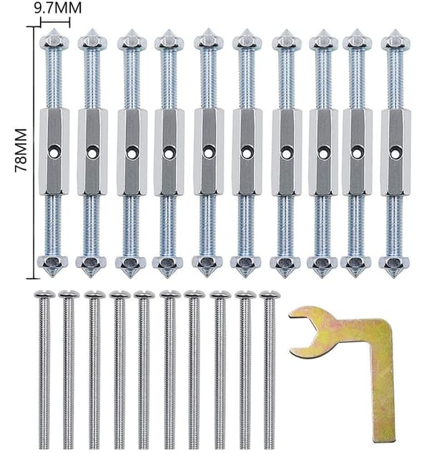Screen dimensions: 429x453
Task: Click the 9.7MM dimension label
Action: (58, 8)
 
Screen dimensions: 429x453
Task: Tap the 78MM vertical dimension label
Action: (21, 150)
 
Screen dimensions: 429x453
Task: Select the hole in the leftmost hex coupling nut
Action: (54, 152)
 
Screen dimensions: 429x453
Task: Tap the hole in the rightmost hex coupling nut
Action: (395, 152)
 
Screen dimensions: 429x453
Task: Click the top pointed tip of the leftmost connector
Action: (54, 29)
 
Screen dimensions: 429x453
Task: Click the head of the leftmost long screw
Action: (44, 294)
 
